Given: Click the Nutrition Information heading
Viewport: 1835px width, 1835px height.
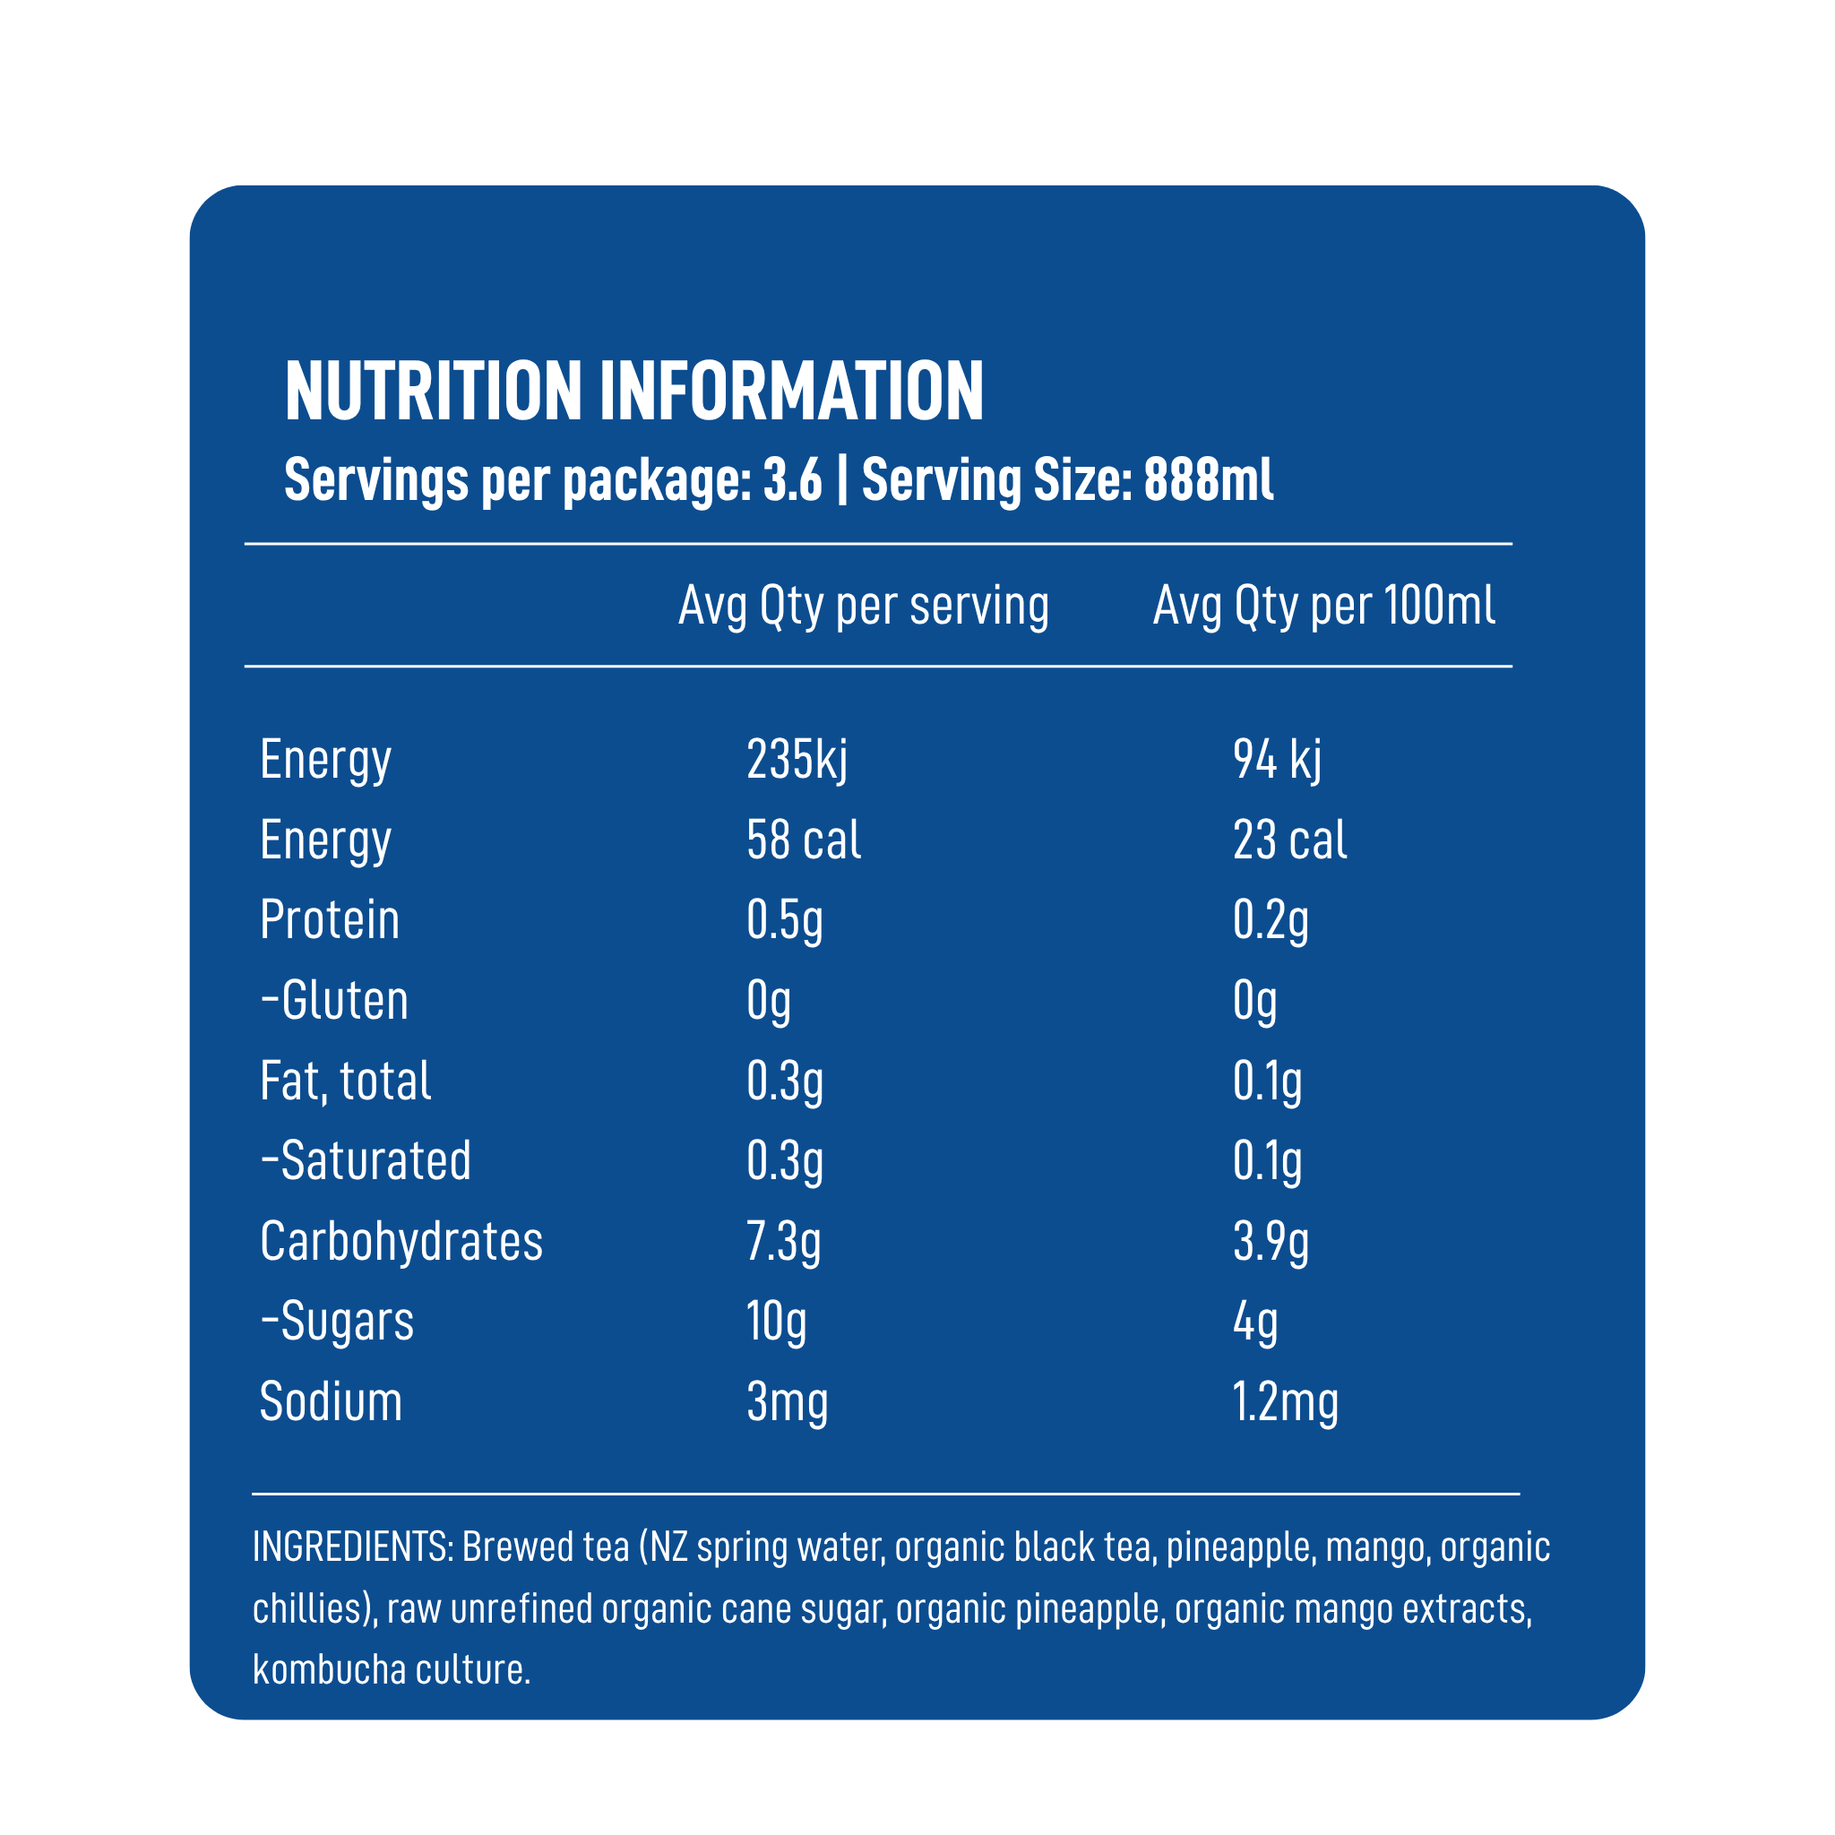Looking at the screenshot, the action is [x=634, y=391].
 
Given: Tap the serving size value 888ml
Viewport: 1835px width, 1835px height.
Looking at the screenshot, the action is [x=1208, y=479].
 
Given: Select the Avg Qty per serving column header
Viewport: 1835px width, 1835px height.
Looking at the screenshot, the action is [x=864, y=606].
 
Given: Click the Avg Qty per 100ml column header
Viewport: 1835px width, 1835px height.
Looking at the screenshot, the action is [x=1324, y=606].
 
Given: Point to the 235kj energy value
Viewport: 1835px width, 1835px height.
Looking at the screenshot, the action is [x=797, y=760].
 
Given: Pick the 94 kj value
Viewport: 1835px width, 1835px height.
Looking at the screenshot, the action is [x=1277, y=760].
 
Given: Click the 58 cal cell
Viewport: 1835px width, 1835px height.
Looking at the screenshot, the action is [x=804, y=840].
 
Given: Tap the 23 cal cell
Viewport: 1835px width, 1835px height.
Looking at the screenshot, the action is [x=1290, y=840].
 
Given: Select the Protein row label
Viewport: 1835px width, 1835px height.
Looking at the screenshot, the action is [x=330, y=919].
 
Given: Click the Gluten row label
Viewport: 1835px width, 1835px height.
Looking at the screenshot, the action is [x=334, y=1000].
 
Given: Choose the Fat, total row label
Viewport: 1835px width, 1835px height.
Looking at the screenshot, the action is [x=346, y=1081].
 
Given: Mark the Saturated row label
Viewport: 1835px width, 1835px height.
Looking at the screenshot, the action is [x=366, y=1160].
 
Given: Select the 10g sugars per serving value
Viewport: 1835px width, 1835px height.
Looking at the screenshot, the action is [x=776, y=1322].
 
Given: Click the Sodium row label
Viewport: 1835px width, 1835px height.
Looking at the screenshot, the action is [x=331, y=1402].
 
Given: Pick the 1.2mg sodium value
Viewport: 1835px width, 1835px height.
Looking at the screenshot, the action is [x=1285, y=1403].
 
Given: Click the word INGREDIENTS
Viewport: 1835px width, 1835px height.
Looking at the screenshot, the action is [x=351, y=1547].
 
